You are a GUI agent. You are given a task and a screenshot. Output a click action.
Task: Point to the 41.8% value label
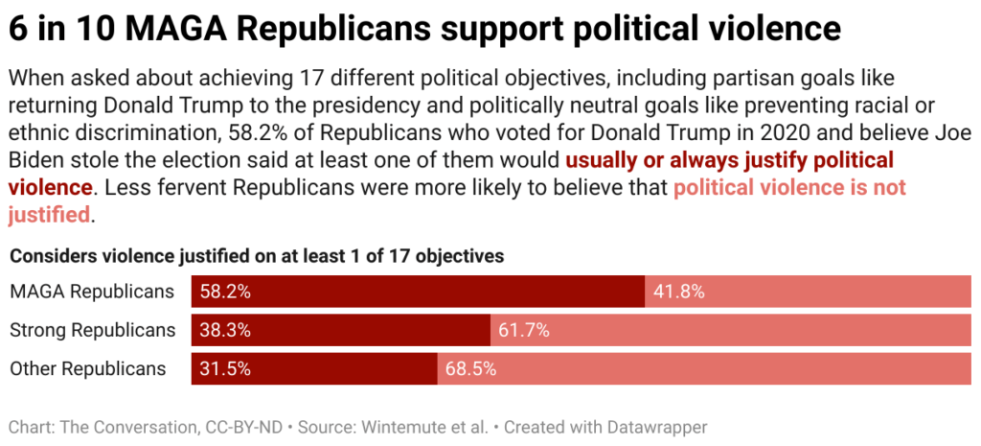678,292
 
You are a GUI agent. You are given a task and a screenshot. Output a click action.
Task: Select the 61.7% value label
524,330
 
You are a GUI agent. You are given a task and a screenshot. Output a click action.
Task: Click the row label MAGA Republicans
92,292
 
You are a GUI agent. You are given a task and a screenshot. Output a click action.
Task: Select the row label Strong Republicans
93,330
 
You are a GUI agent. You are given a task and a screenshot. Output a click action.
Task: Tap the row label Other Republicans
88,369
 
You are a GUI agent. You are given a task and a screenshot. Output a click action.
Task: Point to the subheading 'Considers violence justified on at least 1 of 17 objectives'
257,256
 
